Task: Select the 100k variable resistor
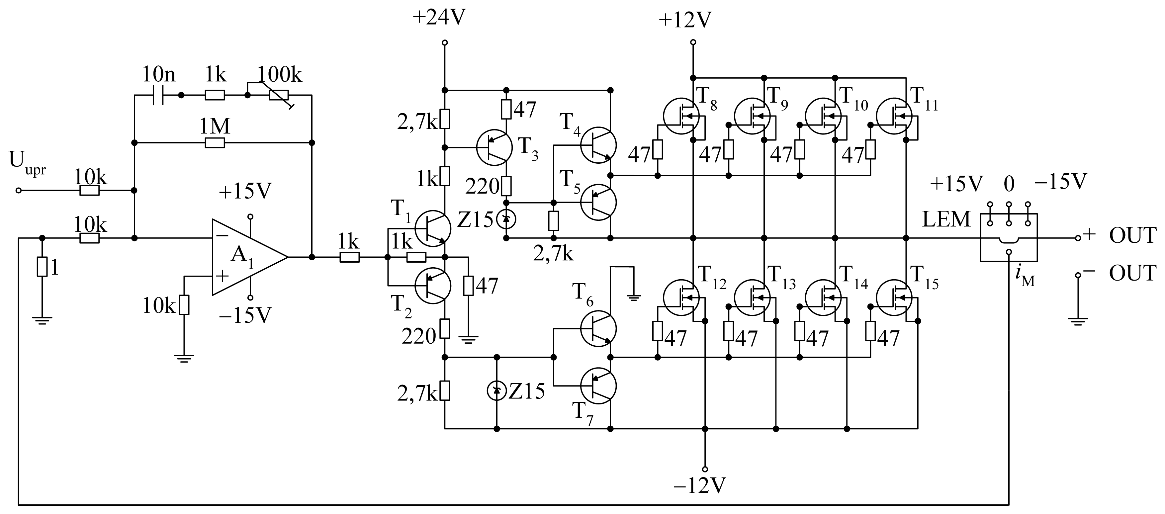(x=279, y=95)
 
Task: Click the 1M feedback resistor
(x=215, y=143)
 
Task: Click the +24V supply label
(x=439, y=18)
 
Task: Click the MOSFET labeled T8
(x=681, y=116)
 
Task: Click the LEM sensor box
(x=1009, y=237)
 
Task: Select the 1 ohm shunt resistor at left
(x=42, y=267)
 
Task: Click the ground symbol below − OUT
(x=1078, y=321)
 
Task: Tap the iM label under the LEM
(x=1024, y=277)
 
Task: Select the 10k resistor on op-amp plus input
(x=184, y=305)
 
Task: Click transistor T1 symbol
(x=433, y=229)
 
